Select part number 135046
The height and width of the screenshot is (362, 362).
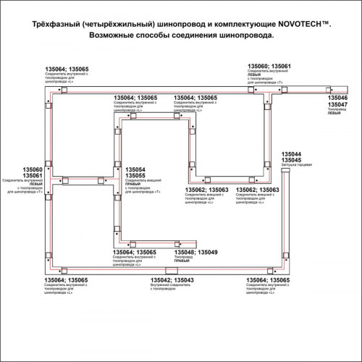[x=339, y=97]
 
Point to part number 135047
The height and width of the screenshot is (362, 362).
[x=339, y=105]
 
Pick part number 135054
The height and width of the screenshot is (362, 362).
[x=136, y=168]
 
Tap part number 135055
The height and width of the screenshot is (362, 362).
[x=136, y=175]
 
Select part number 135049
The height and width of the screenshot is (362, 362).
[x=208, y=252]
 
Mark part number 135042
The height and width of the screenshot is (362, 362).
[x=161, y=280]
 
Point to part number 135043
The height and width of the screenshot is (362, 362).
[x=183, y=280]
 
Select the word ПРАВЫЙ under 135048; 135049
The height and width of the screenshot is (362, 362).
[x=185, y=262]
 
